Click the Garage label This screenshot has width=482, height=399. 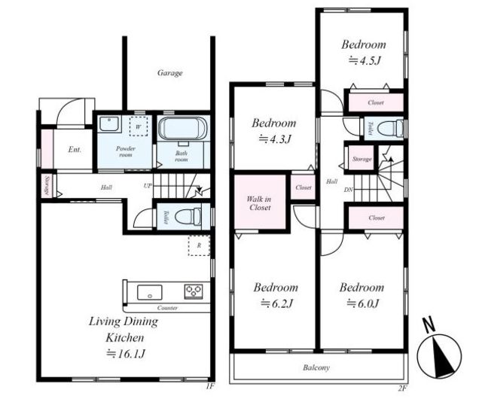(x=170, y=73)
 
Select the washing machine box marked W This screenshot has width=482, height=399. (x=139, y=126)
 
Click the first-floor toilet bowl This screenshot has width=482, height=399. (x=188, y=217)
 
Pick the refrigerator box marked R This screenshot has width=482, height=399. (x=199, y=245)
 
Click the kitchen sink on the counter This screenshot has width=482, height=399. (x=150, y=292)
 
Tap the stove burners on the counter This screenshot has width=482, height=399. (x=194, y=291)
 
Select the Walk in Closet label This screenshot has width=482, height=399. (x=259, y=203)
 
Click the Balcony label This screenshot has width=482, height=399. (x=316, y=367)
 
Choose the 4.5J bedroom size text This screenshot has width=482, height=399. (x=365, y=60)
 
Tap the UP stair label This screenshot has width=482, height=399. (x=148, y=186)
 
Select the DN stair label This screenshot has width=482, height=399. (x=348, y=190)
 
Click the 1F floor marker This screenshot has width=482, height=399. (x=209, y=386)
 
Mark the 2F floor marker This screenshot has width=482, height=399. (x=402, y=388)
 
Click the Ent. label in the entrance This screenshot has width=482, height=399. (x=75, y=150)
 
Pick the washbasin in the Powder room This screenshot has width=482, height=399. (x=108, y=124)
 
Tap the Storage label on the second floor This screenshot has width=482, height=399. (x=362, y=159)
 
